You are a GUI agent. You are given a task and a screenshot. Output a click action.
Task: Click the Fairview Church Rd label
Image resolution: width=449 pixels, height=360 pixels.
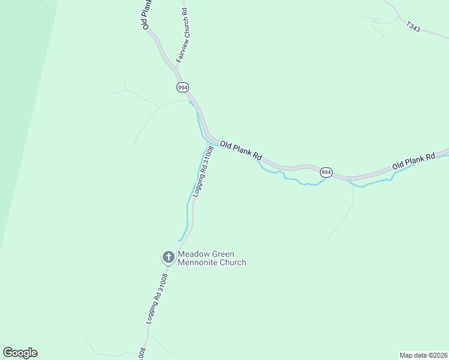point(182,35)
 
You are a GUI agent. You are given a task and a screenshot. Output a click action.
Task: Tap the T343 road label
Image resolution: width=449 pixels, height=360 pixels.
point(413,26)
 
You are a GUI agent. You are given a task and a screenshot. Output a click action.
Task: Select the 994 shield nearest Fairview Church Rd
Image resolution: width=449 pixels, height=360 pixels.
point(183,88)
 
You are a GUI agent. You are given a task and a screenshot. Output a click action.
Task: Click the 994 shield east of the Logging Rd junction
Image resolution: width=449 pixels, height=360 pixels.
point(325,172)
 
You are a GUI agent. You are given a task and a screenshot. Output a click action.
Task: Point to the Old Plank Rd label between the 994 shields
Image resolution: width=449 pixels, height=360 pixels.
point(241,150)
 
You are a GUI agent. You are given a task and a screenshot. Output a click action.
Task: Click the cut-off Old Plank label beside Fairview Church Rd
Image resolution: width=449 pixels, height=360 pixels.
point(146,14)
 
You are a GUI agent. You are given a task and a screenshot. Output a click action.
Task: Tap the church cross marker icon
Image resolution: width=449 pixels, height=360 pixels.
point(169,257)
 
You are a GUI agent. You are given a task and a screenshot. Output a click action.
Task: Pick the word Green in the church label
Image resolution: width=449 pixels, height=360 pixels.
point(223,254)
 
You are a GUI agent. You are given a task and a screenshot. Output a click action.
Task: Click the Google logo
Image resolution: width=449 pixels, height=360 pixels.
point(20,353)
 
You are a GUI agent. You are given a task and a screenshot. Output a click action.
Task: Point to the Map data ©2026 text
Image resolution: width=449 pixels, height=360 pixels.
point(423,355)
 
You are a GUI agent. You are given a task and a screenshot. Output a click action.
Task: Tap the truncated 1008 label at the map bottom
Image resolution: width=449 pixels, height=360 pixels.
point(142,353)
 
